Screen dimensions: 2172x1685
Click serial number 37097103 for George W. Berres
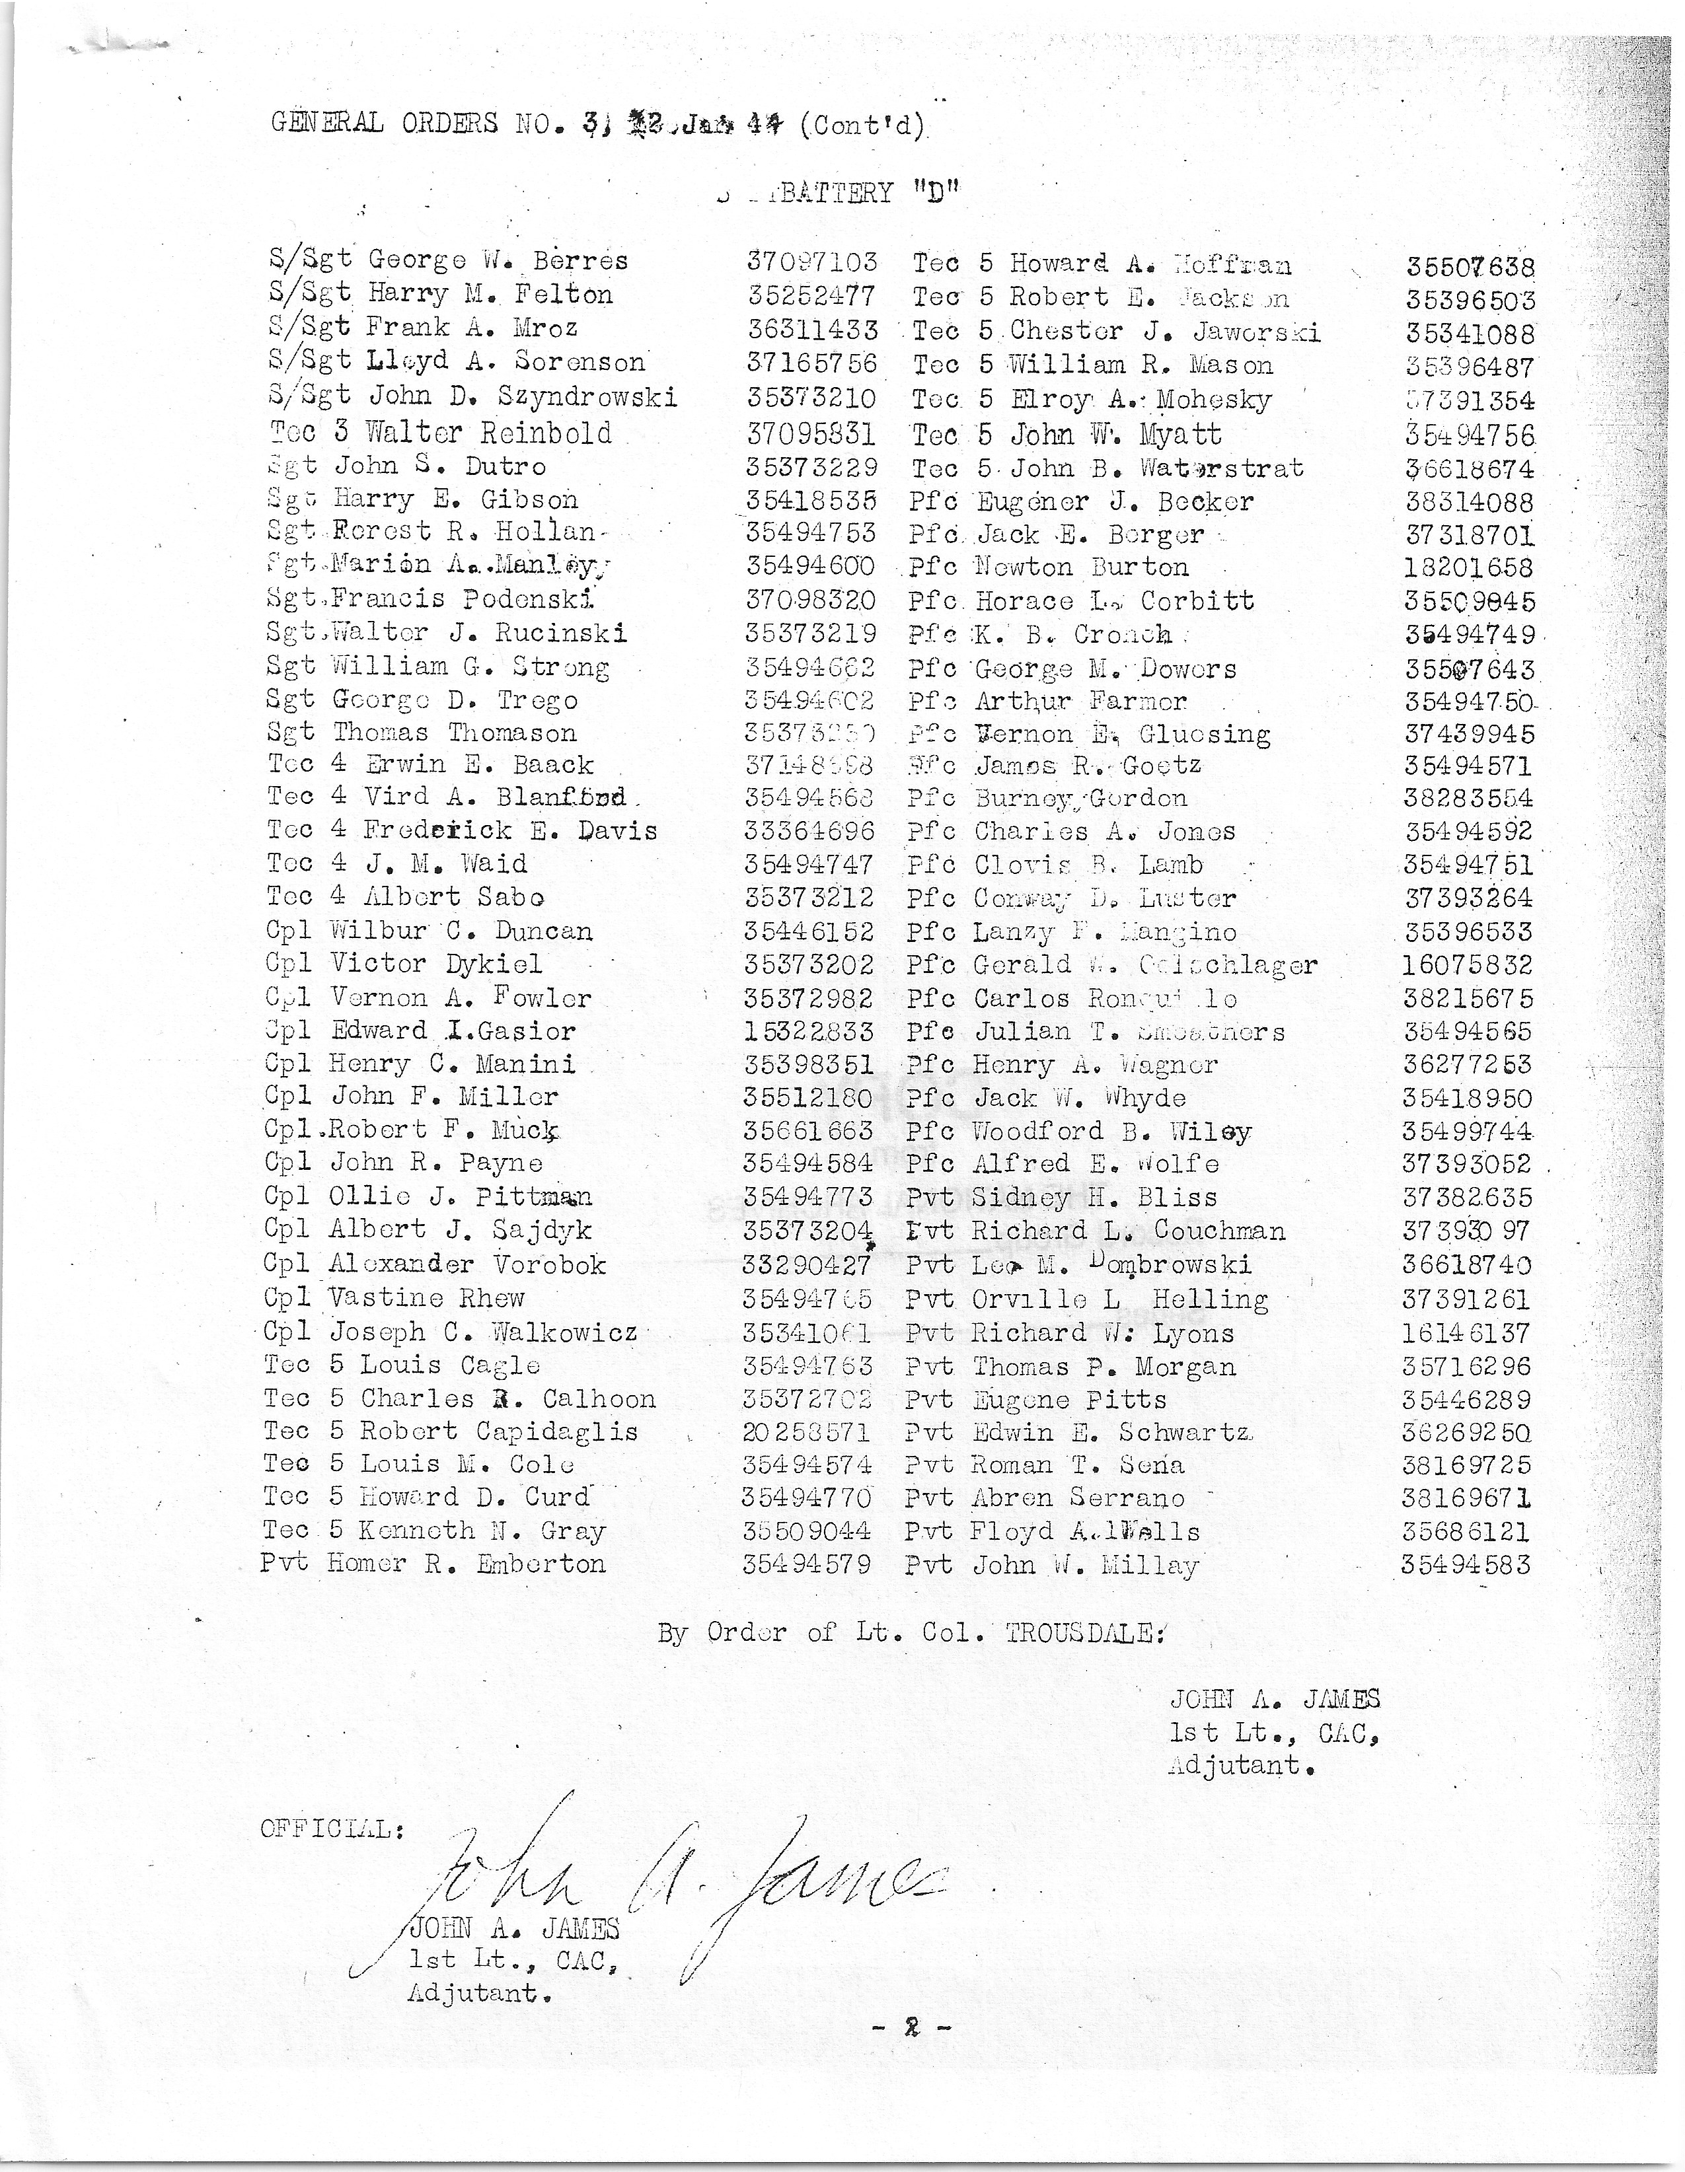pyautogui.click(x=811, y=262)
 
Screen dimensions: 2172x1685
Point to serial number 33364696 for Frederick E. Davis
pyautogui.click(x=809, y=830)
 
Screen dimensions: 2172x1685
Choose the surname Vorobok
pyautogui.click(x=550, y=1264)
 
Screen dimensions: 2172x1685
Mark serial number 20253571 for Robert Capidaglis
pyautogui.click(x=807, y=1432)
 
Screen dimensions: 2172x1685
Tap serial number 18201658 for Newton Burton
pyautogui.click(x=1468, y=568)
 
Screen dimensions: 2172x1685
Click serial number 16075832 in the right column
pyautogui.click(x=1467, y=964)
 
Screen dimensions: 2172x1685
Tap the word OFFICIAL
pyautogui.click(x=331, y=1829)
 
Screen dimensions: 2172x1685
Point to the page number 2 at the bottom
pyautogui.click(x=909, y=2028)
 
